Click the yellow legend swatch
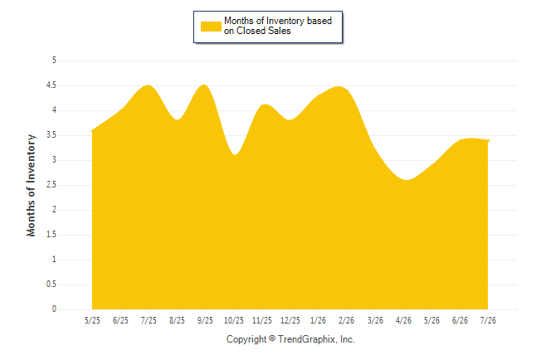pos(211,27)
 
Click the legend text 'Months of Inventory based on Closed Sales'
pos(278,26)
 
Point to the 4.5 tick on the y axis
pos(51,85)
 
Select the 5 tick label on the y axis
pos(54,61)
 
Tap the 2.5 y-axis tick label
pos(51,185)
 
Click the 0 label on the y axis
pos(54,309)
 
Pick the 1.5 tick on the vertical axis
pos(51,235)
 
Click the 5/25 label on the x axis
pos(92,320)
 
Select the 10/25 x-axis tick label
pos(234,320)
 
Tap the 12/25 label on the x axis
pos(290,320)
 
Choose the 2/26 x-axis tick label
pos(347,320)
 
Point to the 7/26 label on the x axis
pos(488,320)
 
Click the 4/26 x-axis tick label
pos(403,320)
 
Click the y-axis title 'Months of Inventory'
pos(31,185)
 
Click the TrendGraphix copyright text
pos(290,339)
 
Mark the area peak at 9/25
pos(204,85)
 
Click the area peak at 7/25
pos(149,85)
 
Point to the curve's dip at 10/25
pos(235,155)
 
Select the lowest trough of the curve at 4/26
pos(407,180)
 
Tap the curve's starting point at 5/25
pos(92,130)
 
